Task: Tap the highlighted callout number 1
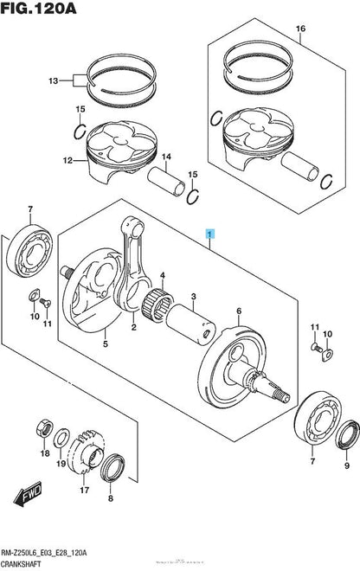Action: [x=208, y=234]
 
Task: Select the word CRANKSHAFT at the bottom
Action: [x=28, y=562]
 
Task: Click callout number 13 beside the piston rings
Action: [x=54, y=80]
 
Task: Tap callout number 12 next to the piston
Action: [x=56, y=160]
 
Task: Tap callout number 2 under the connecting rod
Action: [x=133, y=329]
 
